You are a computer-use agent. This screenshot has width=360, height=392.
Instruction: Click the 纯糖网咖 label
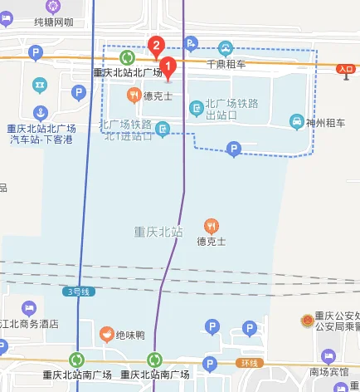59,23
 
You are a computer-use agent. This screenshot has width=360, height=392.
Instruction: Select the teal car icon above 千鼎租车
225,47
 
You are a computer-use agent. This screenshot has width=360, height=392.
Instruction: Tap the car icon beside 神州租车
296,123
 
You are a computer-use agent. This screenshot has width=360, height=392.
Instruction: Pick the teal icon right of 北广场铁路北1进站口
163,128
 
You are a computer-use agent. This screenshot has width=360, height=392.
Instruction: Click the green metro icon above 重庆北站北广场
127,57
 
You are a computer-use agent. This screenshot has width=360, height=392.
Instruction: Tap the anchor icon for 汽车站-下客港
40,113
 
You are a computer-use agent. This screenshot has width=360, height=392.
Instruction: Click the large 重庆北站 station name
158,232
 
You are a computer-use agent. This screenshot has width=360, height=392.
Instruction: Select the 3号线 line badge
75,291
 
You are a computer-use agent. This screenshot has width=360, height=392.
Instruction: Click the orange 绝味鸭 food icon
106,335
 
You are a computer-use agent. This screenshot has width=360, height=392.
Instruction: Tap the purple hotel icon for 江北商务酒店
29,308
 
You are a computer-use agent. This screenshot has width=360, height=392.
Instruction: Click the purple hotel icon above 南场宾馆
328,355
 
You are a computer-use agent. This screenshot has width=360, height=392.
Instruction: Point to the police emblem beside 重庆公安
306,320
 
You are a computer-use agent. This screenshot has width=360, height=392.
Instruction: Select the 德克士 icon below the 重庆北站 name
212,226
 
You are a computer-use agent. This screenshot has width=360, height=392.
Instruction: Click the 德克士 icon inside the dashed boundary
134,96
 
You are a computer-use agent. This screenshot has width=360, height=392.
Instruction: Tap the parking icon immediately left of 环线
210,364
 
